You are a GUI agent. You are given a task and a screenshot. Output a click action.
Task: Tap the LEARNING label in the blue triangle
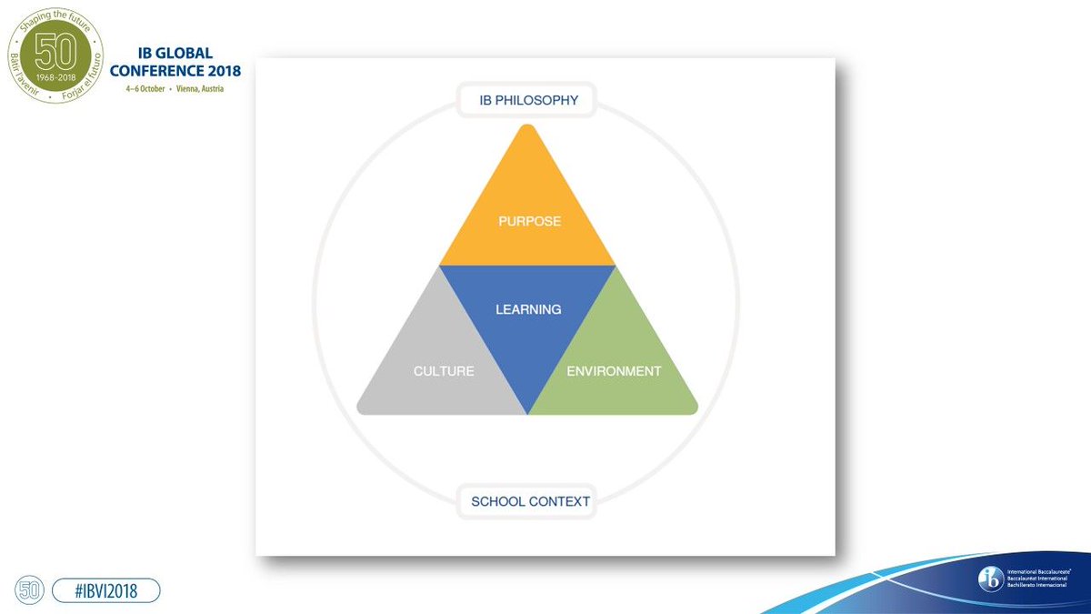528,309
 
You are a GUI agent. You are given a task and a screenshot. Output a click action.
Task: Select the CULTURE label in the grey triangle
444,371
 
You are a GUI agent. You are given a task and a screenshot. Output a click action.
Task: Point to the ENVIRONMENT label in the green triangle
614,371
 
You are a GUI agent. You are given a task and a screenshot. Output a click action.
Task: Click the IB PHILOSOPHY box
528,101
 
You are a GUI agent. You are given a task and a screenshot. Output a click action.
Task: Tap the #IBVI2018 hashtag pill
106,591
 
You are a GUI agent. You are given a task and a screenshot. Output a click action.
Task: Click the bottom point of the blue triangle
527,413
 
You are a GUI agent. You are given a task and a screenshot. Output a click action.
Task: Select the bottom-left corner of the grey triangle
359,410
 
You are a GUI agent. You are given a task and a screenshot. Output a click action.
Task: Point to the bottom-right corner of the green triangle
696,410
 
